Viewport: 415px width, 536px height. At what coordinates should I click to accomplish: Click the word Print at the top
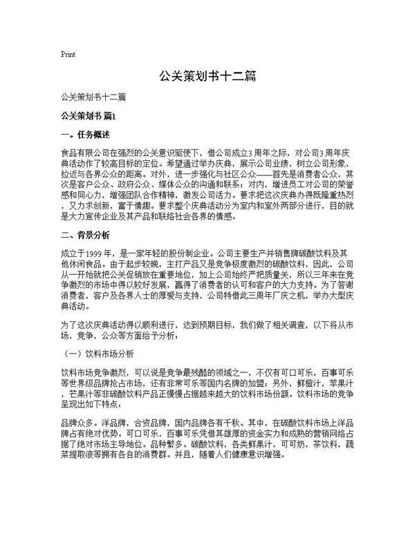coord(68,54)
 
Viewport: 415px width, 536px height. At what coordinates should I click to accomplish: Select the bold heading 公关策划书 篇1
coord(91,115)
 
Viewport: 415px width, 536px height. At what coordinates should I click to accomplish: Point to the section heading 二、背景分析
coord(82,235)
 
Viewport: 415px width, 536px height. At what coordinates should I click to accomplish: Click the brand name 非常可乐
coord(215,385)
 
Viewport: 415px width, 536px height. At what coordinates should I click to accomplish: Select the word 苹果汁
coord(347,385)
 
